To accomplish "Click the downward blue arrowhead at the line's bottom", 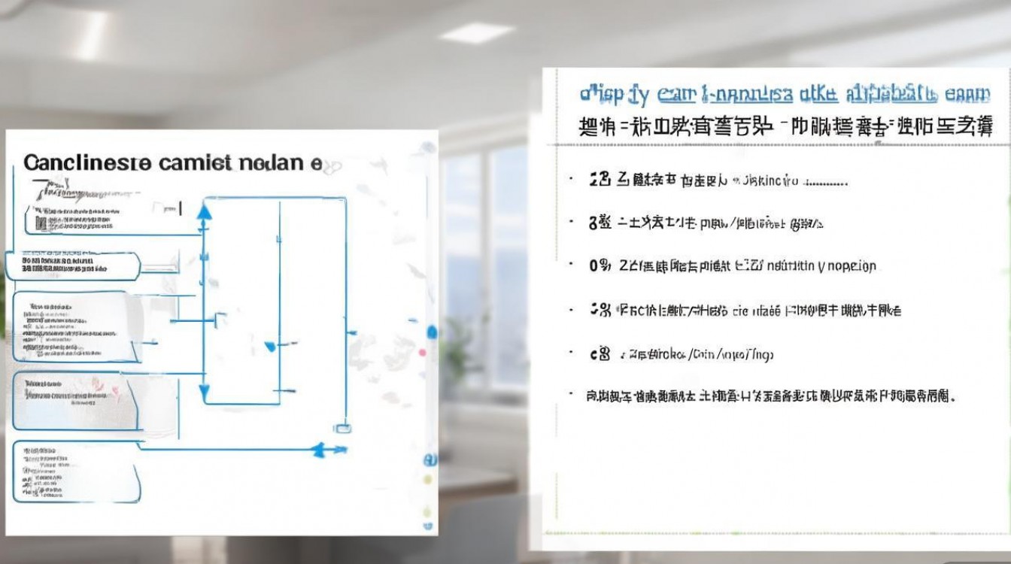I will pyautogui.click(x=203, y=391).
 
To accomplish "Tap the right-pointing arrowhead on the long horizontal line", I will pyautogui.click(x=320, y=449).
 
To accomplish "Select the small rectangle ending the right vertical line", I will pyautogui.click(x=342, y=428).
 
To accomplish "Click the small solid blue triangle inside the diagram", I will pyautogui.click(x=271, y=347).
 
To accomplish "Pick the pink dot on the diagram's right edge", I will pyautogui.click(x=422, y=352).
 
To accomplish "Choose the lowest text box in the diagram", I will pyautogui.click(x=75, y=472).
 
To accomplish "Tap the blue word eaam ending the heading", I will pyautogui.click(x=968, y=95).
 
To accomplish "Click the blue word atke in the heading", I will pyautogui.click(x=816, y=95).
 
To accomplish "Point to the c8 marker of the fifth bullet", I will pyautogui.click(x=600, y=354).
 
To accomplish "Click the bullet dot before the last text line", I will pyautogui.click(x=572, y=394).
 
